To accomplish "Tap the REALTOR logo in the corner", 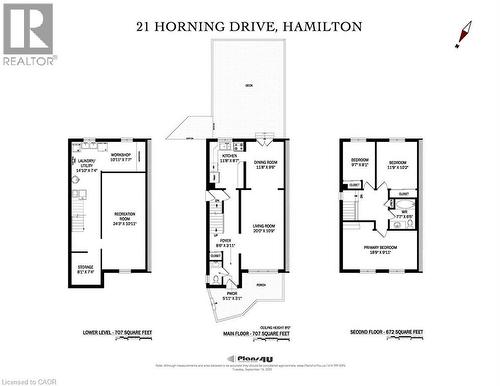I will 28,34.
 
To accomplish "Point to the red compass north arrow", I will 463,35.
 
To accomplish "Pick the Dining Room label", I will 265,165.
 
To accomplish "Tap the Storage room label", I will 86,268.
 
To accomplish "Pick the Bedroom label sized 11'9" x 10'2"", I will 397,163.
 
